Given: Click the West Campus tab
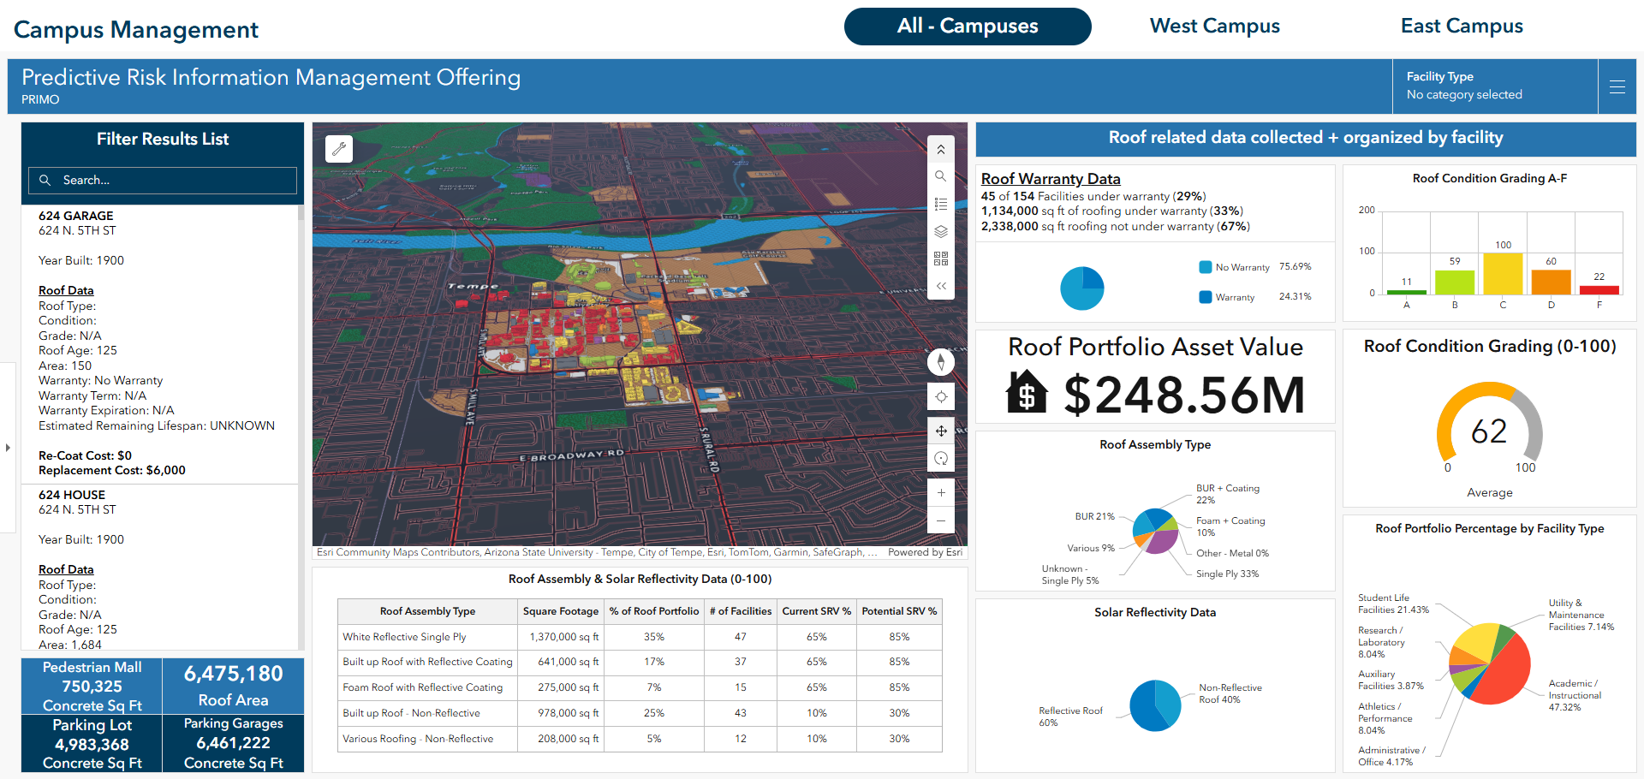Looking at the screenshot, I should pos(1214,27).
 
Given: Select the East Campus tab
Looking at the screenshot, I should pos(1462,27).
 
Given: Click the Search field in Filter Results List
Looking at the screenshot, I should pos(163,181).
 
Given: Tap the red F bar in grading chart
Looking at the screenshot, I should pos(1599,290).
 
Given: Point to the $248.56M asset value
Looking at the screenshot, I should pos(1184,395).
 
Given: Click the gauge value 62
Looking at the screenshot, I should pos(1489,431).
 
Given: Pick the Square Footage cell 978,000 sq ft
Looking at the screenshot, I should pos(561,713).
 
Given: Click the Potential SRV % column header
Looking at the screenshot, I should pos(899,611).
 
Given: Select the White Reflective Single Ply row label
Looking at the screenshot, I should pos(404,637).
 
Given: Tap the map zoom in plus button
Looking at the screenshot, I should pos(941,493).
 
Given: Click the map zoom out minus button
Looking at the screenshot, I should pos(941,520).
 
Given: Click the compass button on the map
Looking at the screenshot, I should pos(941,362).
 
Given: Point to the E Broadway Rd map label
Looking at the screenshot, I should pos(571,455).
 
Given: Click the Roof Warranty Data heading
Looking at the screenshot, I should pos(1051,179).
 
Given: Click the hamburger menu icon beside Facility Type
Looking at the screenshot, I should pos(1617,86).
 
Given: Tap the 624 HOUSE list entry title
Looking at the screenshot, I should pos(72,495).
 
